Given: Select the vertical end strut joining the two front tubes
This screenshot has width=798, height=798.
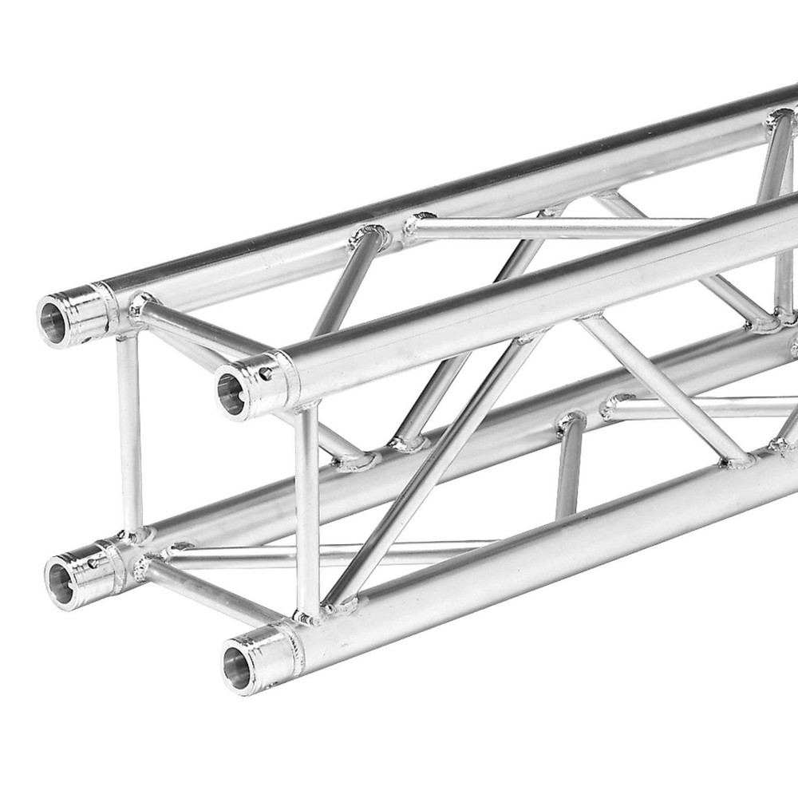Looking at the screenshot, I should tap(306, 511).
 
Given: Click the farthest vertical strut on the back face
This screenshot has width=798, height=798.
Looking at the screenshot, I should tap(778, 223).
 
